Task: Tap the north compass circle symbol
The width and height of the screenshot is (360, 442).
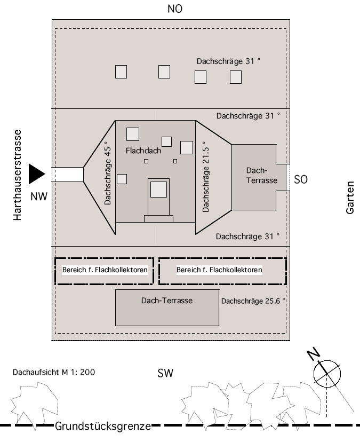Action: [x=327, y=372]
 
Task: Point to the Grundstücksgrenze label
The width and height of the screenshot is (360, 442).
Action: [x=102, y=427]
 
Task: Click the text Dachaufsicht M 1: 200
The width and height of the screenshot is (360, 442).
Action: [x=53, y=372]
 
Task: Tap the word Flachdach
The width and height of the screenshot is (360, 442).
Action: [x=143, y=151]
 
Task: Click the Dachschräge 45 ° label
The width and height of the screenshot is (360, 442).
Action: [x=108, y=173]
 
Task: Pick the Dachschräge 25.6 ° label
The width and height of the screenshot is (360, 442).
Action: [x=253, y=301]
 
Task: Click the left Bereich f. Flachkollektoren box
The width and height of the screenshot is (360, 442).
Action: [x=105, y=271]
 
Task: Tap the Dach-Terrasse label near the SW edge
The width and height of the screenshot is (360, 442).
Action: [x=166, y=301]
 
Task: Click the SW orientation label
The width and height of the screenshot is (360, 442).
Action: [x=165, y=373]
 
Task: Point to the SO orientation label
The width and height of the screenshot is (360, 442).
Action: [x=301, y=180]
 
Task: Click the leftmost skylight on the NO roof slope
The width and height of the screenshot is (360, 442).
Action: [x=121, y=72]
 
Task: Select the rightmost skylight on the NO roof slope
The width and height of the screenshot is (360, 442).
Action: [x=236, y=77]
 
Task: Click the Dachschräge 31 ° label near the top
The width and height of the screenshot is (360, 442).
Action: [x=228, y=61]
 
